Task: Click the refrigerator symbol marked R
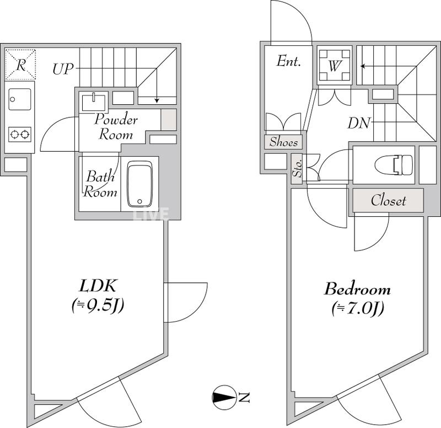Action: click(20, 64)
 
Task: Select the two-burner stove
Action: click(20, 133)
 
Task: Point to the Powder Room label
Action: click(116, 126)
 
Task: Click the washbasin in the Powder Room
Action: click(94, 102)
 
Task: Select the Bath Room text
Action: click(101, 185)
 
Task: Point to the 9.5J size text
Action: click(97, 304)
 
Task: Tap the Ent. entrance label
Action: click(288, 61)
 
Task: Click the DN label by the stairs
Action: click(358, 122)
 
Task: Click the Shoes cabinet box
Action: click(284, 142)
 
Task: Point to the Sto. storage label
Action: click(297, 168)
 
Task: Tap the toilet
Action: click(393, 164)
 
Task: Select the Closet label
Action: click(388, 200)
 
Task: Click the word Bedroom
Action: click(357, 289)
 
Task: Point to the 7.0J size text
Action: click(357, 308)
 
